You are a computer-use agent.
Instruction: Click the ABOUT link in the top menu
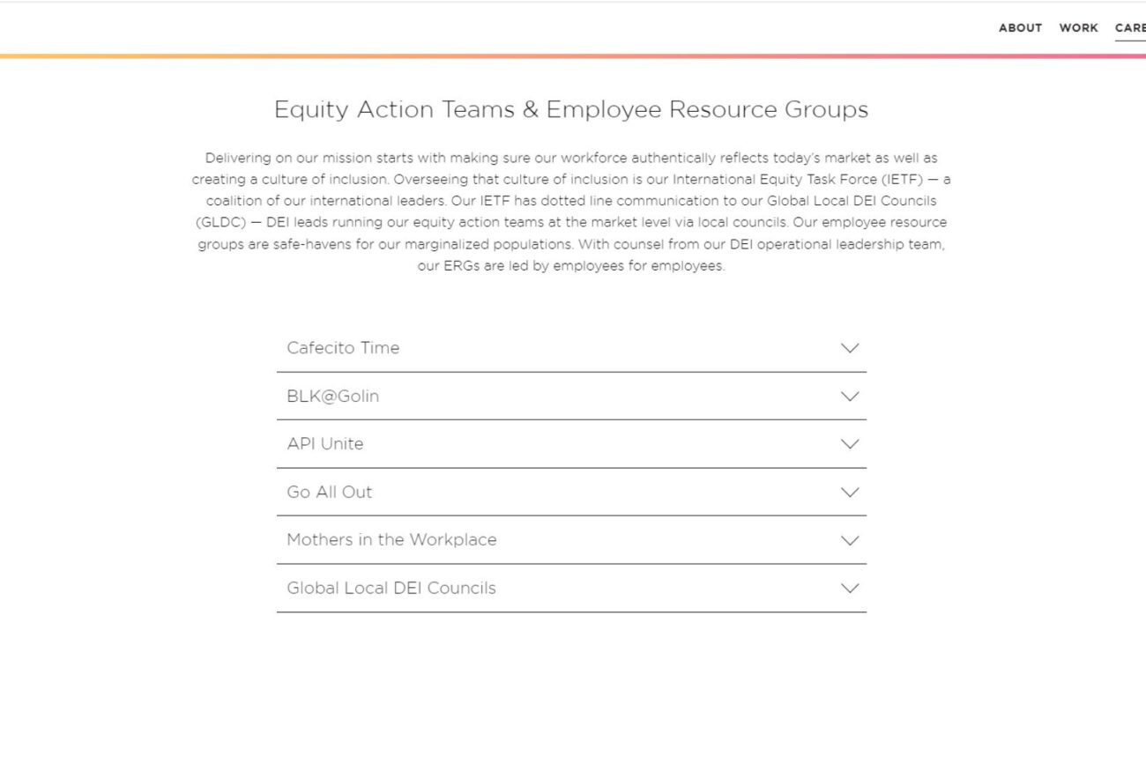tap(1020, 28)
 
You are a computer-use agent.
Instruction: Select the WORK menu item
tap(1078, 28)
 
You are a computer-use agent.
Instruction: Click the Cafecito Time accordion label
tap(343, 348)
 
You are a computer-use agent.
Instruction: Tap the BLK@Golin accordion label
tap(332, 397)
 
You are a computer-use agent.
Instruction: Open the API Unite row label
tap(324, 444)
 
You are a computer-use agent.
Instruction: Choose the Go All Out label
tap(329, 493)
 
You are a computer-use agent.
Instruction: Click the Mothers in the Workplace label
tap(391, 540)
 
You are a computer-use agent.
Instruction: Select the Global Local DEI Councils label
tap(391, 589)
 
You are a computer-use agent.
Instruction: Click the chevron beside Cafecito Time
tap(850, 348)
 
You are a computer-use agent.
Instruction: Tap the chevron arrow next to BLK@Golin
tap(850, 397)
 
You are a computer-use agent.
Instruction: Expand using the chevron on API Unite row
tap(850, 444)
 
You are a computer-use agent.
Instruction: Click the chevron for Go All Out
tap(850, 493)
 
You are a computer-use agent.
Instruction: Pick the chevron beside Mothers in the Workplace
tap(850, 540)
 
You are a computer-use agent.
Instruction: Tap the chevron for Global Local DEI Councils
tap(850, 589)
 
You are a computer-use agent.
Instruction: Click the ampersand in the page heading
tap(530, 110)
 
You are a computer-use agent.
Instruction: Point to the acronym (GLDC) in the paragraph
tap(220, 223)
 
